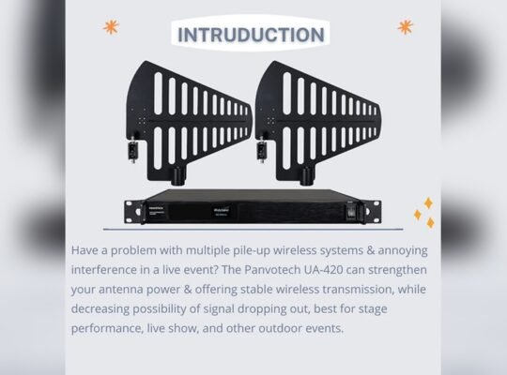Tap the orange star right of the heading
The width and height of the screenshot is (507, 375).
pos(405,26)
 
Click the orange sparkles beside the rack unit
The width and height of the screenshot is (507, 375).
pos(424,214)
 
